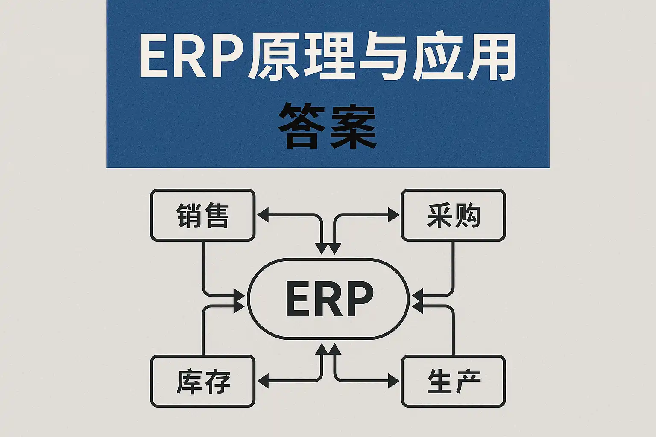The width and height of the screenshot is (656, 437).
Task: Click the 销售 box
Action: coord(203,215)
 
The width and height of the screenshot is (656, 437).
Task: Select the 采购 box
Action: coord(453,215)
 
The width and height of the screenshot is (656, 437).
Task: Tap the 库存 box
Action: coord(203,381)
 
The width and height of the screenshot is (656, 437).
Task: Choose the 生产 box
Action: coord(453,381)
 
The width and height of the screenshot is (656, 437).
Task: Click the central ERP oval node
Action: coord(328,299)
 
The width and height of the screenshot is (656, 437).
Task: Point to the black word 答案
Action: coord(328,126)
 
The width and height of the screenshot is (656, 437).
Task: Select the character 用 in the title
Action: coord(491,58)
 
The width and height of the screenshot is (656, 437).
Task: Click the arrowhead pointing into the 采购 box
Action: coord(394,215)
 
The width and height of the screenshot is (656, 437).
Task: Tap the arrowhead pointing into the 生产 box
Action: coord(394,381)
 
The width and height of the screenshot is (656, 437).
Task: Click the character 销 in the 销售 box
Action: coord(189,216)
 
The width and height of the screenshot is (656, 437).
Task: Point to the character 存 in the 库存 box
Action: coord(217,382)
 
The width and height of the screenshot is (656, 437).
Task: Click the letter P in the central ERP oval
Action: coord(358,299)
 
